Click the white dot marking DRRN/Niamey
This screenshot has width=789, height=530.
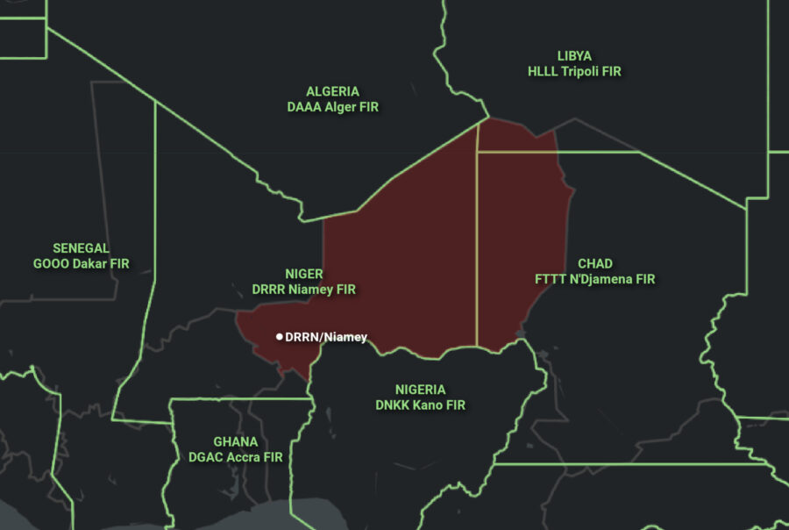point(280,336)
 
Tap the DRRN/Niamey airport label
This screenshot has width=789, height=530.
point(326,337)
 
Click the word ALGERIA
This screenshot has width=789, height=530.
point(332,91)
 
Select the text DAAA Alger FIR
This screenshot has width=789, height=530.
point(332,107)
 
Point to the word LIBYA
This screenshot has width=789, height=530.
point(574,56)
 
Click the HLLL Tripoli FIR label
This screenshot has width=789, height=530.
point(574,72)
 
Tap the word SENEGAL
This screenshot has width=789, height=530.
point(81,248)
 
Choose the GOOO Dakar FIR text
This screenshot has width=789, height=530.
point(81,264)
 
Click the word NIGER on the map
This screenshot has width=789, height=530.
point(304,274)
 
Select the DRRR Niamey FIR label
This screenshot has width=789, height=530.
point(304,290)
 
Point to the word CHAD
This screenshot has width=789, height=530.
point(595,264)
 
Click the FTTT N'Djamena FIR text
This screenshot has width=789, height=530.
point(595,280)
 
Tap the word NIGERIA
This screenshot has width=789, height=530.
point(420,390)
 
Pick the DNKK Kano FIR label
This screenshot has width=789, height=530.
point(420,405)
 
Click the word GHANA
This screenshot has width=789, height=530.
point(236,441)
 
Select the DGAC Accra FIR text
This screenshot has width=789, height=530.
point(236,457)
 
